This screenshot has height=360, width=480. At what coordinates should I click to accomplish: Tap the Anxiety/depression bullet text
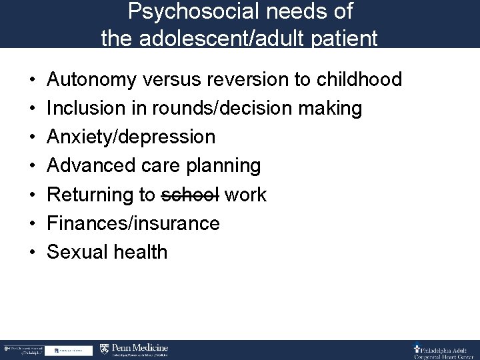(131, 137)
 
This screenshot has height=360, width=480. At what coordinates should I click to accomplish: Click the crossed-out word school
(190, 195)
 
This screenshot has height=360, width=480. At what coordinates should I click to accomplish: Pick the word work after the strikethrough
(245, 195)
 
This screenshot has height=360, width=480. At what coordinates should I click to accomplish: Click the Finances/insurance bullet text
(133, 223)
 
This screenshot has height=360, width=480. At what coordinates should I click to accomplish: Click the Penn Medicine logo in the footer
(134, 349)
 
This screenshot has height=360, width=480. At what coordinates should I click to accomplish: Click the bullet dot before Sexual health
(33, 252)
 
